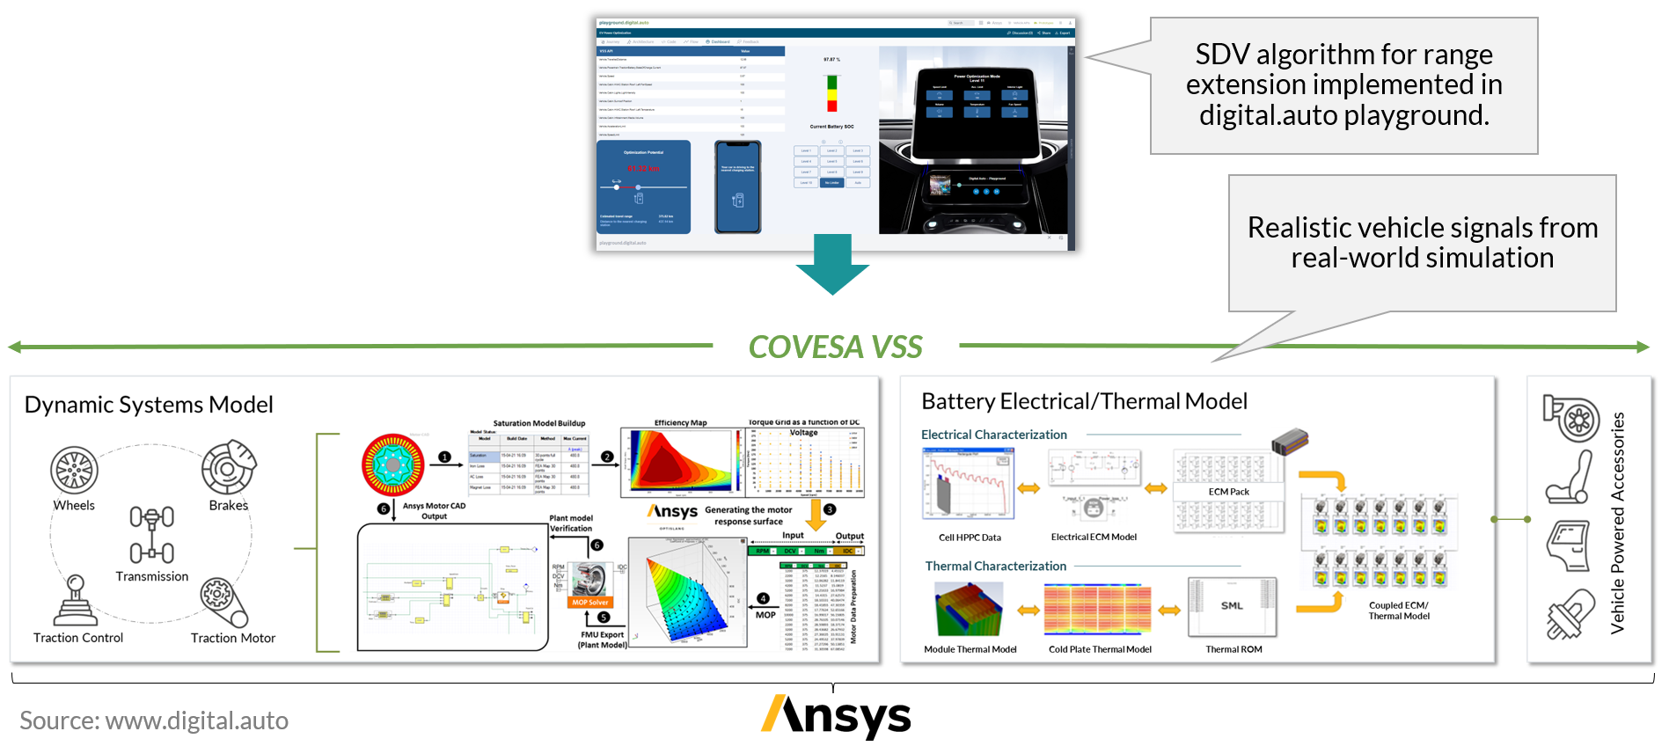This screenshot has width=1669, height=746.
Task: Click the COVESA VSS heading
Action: point(835,347)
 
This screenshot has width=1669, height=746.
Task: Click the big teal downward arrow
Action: point(832,263)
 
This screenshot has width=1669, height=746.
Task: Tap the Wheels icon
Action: point(74,470)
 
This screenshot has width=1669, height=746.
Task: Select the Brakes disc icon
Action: point(228,467)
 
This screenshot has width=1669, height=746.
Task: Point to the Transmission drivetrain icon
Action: point(151,534)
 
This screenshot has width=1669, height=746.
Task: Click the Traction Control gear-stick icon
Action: point(76,600)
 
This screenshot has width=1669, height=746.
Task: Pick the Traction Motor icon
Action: point(223,602)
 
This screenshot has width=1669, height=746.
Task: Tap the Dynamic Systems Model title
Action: point(149,405)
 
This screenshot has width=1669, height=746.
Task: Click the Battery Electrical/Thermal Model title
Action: point(1084,401)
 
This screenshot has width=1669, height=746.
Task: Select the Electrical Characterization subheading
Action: point(993,435)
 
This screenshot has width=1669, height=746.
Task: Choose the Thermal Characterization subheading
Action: point(995,566)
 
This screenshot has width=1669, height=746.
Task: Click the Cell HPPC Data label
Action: point(970,538)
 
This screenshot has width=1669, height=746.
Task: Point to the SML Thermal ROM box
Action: point(1232,606)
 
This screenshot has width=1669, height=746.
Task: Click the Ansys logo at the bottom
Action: point(836,716)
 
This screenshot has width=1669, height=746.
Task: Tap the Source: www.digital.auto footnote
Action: point(154,720)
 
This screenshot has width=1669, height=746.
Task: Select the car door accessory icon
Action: point(1569,545)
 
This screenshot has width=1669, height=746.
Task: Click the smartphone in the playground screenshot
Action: point(737,186)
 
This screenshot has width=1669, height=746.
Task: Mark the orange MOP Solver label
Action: point(589,603)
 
